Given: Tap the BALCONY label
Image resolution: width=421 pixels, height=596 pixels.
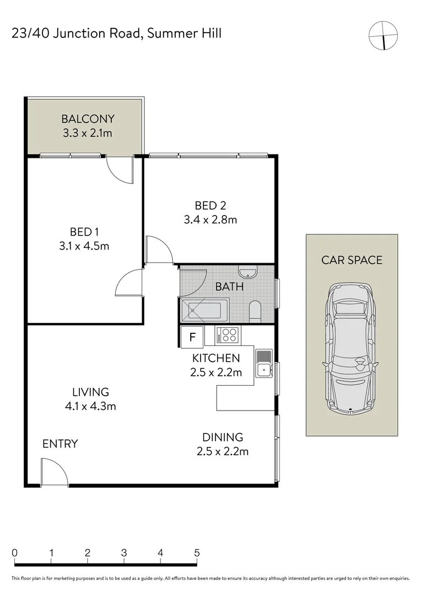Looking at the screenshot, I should (88, 119).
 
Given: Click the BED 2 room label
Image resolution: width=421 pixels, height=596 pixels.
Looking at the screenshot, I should (210, 206).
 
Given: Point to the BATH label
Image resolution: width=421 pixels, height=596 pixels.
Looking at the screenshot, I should (229, 287).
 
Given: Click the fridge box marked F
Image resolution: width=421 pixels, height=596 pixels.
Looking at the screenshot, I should (192, 337).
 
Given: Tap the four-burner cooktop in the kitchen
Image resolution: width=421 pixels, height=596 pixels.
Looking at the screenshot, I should (228, 335).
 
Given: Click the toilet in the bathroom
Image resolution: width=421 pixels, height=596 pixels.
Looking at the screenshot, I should (255, 311).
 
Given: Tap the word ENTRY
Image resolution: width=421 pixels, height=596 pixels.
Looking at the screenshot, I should (60, 444).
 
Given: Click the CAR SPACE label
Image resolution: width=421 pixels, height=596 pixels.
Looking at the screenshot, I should (352, 260).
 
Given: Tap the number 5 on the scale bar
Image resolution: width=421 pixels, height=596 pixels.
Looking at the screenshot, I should (197, 552).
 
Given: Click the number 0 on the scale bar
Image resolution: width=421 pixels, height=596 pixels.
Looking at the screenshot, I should (15, 552).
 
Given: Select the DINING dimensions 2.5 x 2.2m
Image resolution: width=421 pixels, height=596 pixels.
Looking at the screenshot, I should (223, 451).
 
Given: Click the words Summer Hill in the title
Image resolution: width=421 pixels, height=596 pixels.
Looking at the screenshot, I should (188, 34).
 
